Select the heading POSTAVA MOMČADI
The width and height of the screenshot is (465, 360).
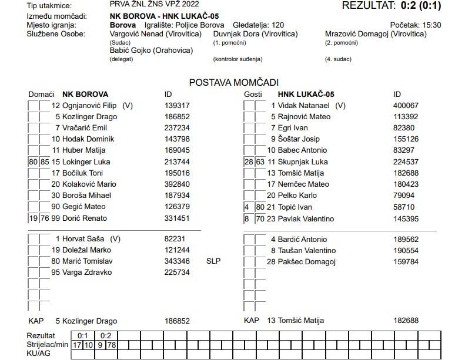(x=233, y=82)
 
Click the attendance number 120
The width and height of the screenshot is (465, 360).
(x=279, y=25)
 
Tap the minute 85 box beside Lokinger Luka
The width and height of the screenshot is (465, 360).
(x=45, y=162)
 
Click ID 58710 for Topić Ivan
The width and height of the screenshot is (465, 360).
(x=403, y=207)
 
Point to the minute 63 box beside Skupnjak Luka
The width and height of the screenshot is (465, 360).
(x=260, y=162)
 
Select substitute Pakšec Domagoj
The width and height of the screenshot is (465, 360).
(x=306, y=261)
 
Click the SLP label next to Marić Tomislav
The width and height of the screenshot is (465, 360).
(x=213, y=261)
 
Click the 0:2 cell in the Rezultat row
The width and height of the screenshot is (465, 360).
(x=106, y=335)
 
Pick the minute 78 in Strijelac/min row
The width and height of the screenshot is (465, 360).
(x=112, y=344)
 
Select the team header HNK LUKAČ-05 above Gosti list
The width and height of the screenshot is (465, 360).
(x=306, y=94)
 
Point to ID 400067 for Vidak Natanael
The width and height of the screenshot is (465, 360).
(x=406, y=105)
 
